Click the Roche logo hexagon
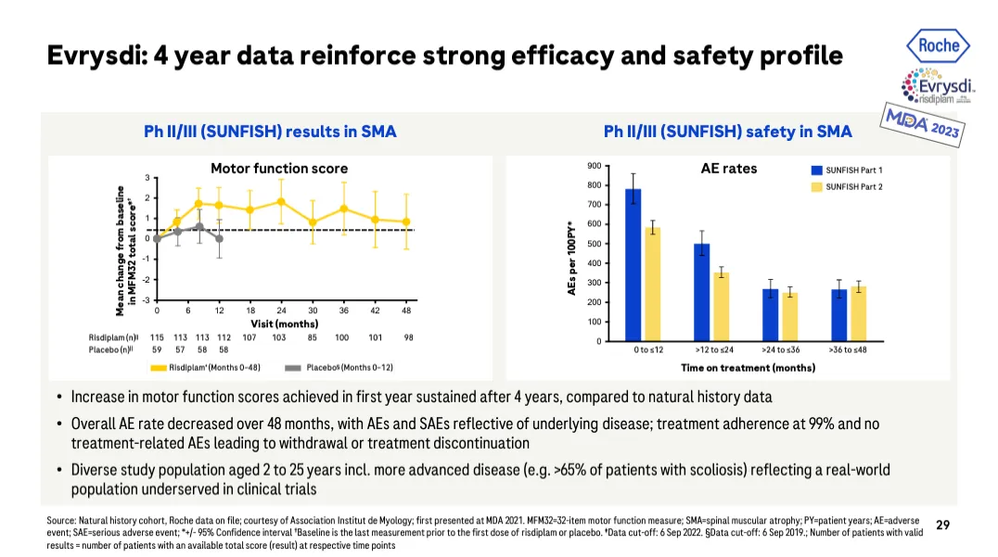click(939, 44)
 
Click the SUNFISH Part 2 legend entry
click(847, 187)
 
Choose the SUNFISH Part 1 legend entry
click(847, 171)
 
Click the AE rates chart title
click(728, 169)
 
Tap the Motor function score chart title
click(279, 169)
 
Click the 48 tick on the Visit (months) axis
click(406, 310)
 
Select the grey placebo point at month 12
click(219, 239)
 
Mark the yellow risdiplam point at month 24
click(281, 201)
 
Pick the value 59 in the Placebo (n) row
click(157, 349)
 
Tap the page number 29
click(942, 525)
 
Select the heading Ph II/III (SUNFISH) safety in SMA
click(727, 132)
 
